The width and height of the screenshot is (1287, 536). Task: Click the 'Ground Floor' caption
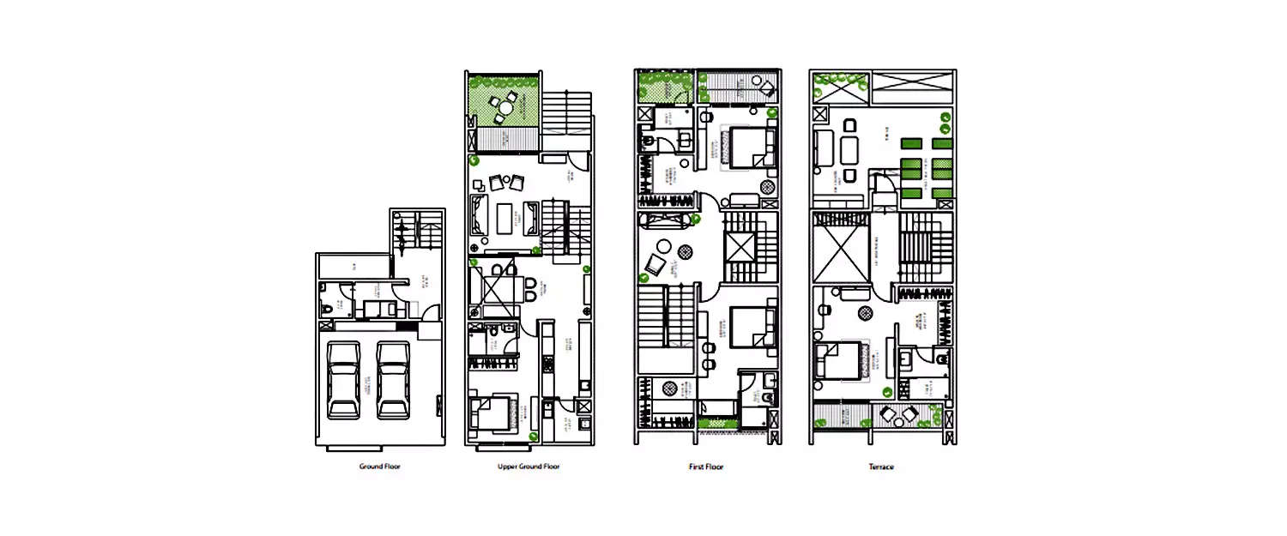click(379, 467)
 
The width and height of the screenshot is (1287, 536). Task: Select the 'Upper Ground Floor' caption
click(529, 467)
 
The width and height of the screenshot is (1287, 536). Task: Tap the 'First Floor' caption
click(706, 467)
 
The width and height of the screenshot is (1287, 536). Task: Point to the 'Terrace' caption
click(881, 467)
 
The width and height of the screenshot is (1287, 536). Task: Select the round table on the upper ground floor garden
click(505, 109)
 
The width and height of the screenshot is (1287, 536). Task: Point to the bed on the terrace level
click(838, 359)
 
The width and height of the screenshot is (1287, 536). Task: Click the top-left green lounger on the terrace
click(911, 144)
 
